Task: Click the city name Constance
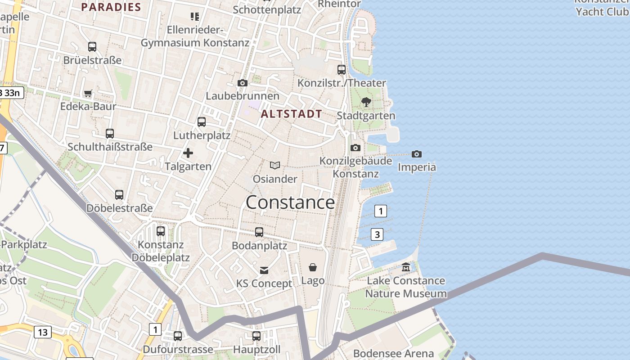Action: [290, 202]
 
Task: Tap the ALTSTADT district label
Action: [291, 114]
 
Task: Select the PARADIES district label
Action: [111, 7]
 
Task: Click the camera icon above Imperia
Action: [417, 154]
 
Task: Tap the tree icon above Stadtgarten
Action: [366, 102]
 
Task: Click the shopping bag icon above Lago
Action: [313, 267]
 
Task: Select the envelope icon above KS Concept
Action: [264, 270]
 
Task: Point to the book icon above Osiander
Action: [275, 166]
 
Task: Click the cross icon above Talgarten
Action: [188, 153]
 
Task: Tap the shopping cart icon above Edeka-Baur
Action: [88, 94]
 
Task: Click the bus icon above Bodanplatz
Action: [259, 232]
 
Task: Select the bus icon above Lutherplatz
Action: [202, 122]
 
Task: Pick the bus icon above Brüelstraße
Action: [92, 47]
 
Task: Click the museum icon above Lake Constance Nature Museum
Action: [406, 267]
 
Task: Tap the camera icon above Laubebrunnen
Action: [243, 83]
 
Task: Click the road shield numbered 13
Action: [43, 333]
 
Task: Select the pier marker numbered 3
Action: [377, 234]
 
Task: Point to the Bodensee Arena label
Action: [393, 353]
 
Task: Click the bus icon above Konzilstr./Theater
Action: [342, 70]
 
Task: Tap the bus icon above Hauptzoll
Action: [256, 336]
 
